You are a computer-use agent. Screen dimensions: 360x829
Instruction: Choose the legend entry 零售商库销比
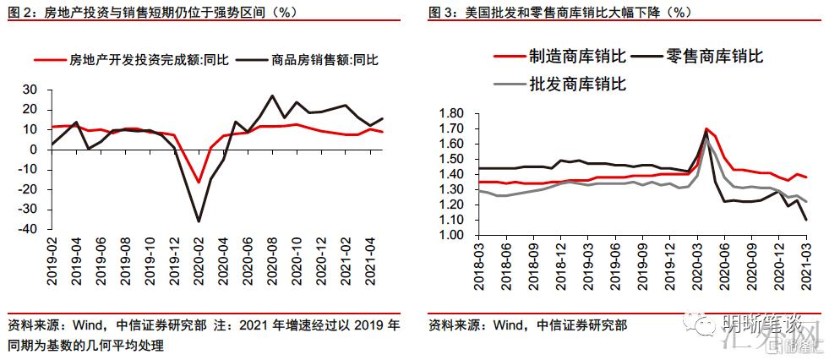(x=714, y=57)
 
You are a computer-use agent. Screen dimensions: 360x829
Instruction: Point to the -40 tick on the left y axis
(x=30, y=229)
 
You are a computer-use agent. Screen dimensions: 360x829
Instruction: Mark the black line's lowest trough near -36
(x=199, y=221)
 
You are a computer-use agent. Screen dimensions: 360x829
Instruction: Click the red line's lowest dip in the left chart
(x=199, y=182)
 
